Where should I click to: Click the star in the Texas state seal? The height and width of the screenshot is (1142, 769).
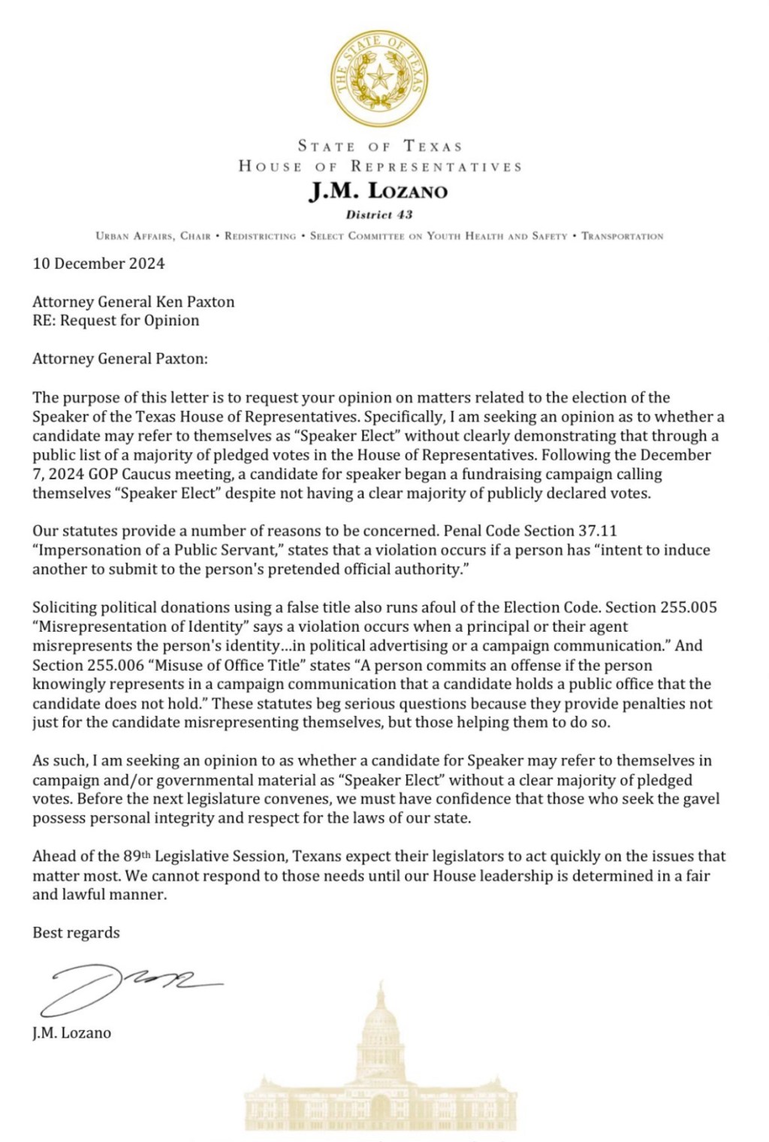coord(381,77)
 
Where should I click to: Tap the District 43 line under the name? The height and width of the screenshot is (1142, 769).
coord(378,215)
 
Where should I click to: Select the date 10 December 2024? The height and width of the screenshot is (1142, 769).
coord(98,264)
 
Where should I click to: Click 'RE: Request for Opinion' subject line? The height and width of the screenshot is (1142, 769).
coord(116,321)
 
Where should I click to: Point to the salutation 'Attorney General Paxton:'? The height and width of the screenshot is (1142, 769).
coord(120,359)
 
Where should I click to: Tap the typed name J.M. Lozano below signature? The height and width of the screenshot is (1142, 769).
coord(72,1033)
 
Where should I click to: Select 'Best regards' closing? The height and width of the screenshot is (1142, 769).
coord(76,933)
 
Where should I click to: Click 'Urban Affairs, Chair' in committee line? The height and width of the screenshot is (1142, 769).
coord(153,236)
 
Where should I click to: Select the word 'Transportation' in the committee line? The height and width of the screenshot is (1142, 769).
coord(622,236)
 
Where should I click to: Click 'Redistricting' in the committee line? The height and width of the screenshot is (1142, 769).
coord(260,236)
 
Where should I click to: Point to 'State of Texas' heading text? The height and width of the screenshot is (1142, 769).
coord(379,146)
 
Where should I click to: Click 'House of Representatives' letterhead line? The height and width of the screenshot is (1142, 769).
coord(379,166)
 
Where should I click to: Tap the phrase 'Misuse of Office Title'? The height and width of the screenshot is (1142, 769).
coord(224,666)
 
